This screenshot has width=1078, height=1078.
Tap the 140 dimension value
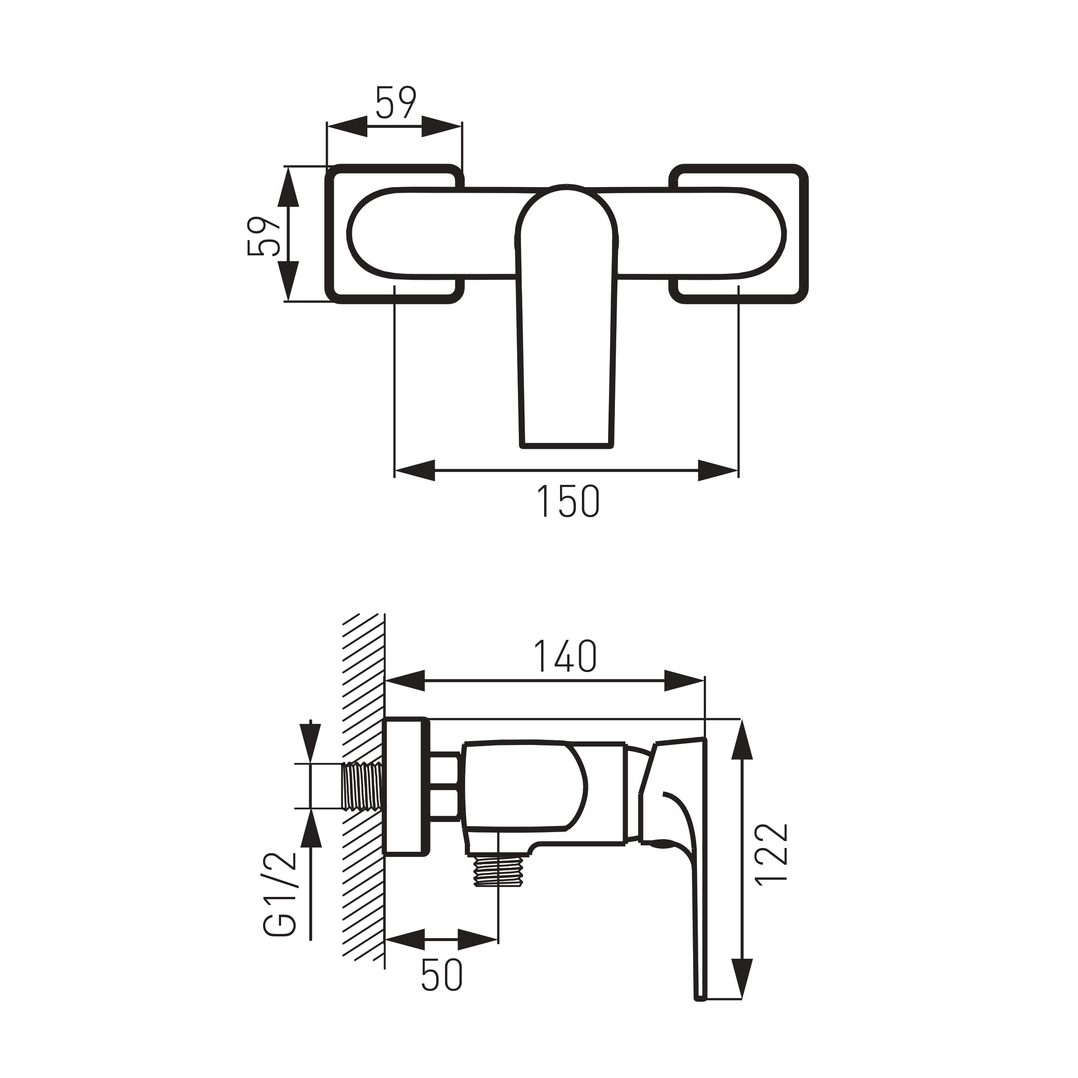(x=565, y=656)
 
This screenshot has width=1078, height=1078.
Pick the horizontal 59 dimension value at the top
(x=396, y=103)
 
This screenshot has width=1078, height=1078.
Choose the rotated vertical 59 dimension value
(x=263, y=236)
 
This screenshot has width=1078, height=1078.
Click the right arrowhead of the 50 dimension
(x=479, y=940)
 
